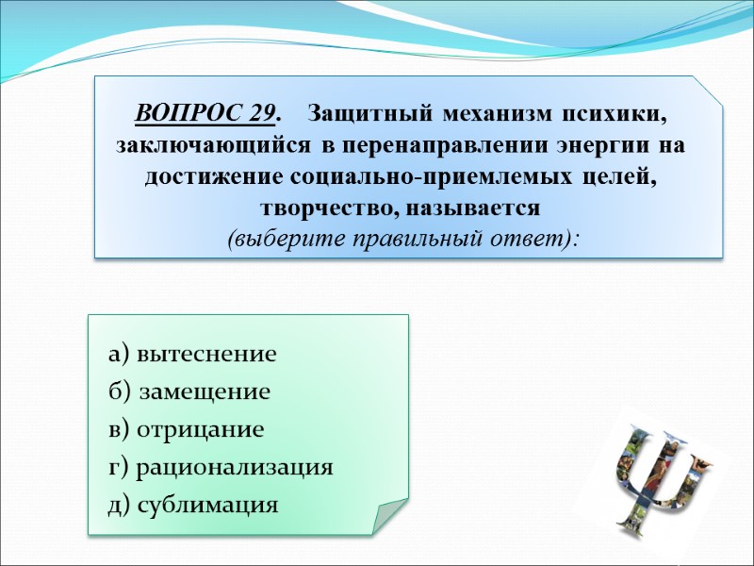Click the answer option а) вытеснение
click(x=192, y=355)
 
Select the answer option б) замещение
click(x=189, y=391)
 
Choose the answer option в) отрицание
click(x=187, y=429)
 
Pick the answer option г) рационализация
click(x=221, y=467)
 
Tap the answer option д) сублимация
click(x=193, y=505)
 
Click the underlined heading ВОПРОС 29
click(x=206, y=114)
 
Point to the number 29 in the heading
click(x=263, y=114)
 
